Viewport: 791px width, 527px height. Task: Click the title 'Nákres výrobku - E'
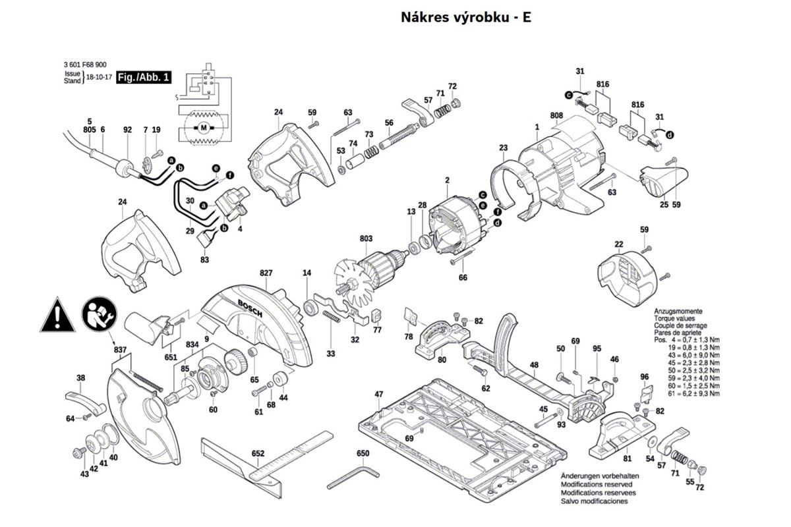[466, 18]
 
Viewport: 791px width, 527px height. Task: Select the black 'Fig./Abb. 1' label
[143, 78]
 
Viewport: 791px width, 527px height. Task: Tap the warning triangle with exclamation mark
[58, 316]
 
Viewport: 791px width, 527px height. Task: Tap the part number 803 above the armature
[366, 238]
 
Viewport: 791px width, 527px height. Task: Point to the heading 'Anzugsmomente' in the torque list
[678, 311]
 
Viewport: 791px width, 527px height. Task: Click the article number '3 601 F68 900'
[85, 65]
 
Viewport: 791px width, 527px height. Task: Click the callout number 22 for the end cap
[618, 245]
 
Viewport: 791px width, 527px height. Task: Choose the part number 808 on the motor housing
[557, 116]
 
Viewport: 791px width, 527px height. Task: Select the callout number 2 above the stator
[447, 180]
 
